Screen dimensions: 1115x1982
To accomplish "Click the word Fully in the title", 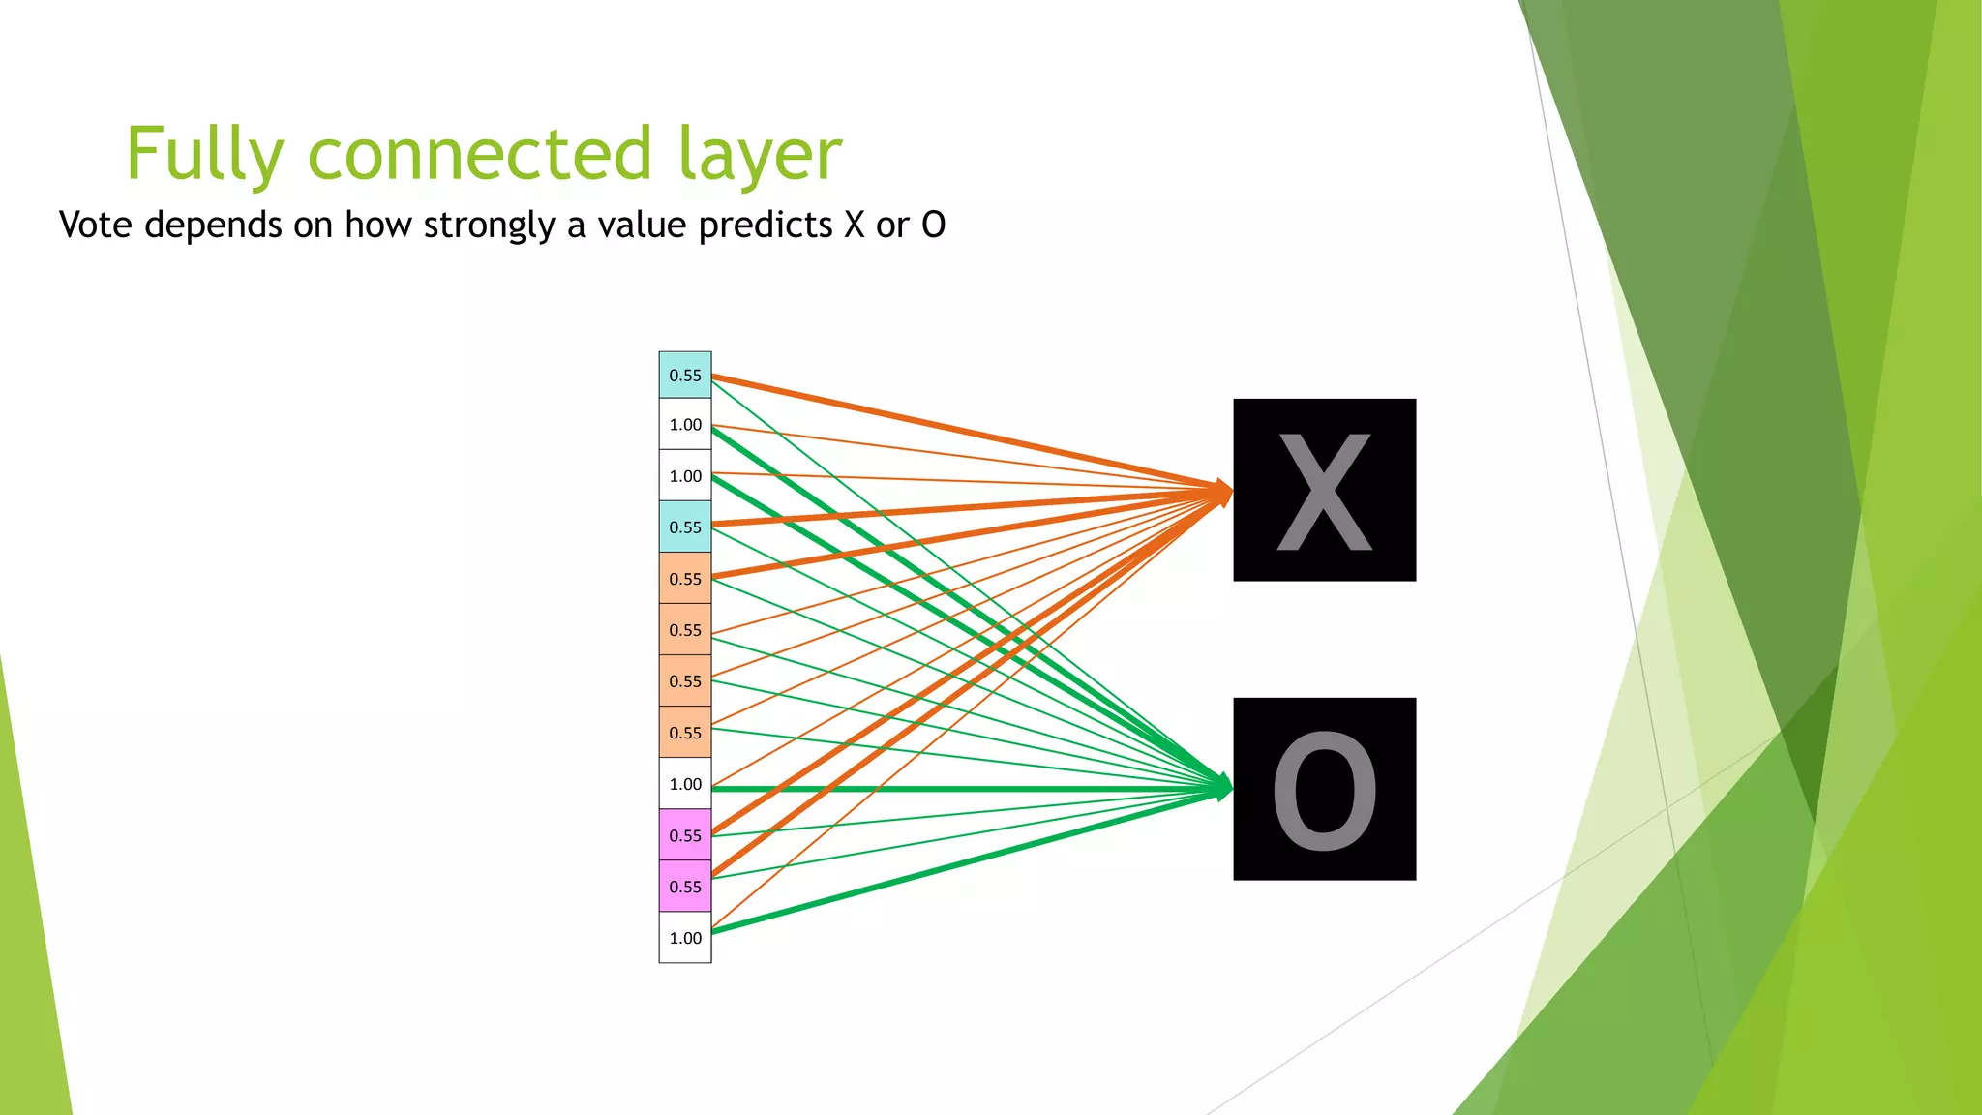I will (204, 155).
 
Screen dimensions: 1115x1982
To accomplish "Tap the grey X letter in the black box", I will (1324, 491).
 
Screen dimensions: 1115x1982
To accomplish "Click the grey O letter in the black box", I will (1324, 790).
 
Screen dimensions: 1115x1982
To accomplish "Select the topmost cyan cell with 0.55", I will (685, 376).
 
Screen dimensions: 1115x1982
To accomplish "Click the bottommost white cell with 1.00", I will (685, 938).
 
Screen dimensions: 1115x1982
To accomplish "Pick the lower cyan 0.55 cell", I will (685, 527).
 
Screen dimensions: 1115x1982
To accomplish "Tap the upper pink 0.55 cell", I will (685, 835).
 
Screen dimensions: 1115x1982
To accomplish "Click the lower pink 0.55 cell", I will (685, 887).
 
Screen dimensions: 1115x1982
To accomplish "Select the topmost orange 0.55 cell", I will (685, 579).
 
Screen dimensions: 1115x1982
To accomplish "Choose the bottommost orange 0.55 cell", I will (685, 733).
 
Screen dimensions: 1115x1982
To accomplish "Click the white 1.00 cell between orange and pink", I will (685, 784).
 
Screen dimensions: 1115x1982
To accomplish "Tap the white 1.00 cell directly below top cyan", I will (685, 425).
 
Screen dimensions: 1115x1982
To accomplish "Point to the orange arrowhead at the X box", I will (1223, 492).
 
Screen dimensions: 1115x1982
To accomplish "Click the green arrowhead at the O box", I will (1223, 787).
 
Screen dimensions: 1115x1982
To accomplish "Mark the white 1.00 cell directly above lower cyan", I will (685, 476).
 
